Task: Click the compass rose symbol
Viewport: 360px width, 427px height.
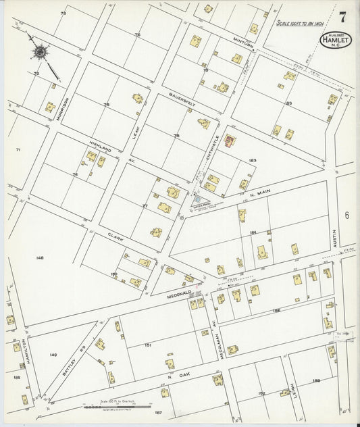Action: pyautogui.click(x=41, y=51)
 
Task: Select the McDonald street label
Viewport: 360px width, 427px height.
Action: pyautogui.click(x=180, y=293)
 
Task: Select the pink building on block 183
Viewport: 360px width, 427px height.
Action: pyautogui.click(x=230, y=141)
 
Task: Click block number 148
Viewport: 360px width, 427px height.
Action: pyautogui.click(x=40, y=257)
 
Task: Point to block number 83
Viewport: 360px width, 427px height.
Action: pyautogui.click(x=288, y=103)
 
